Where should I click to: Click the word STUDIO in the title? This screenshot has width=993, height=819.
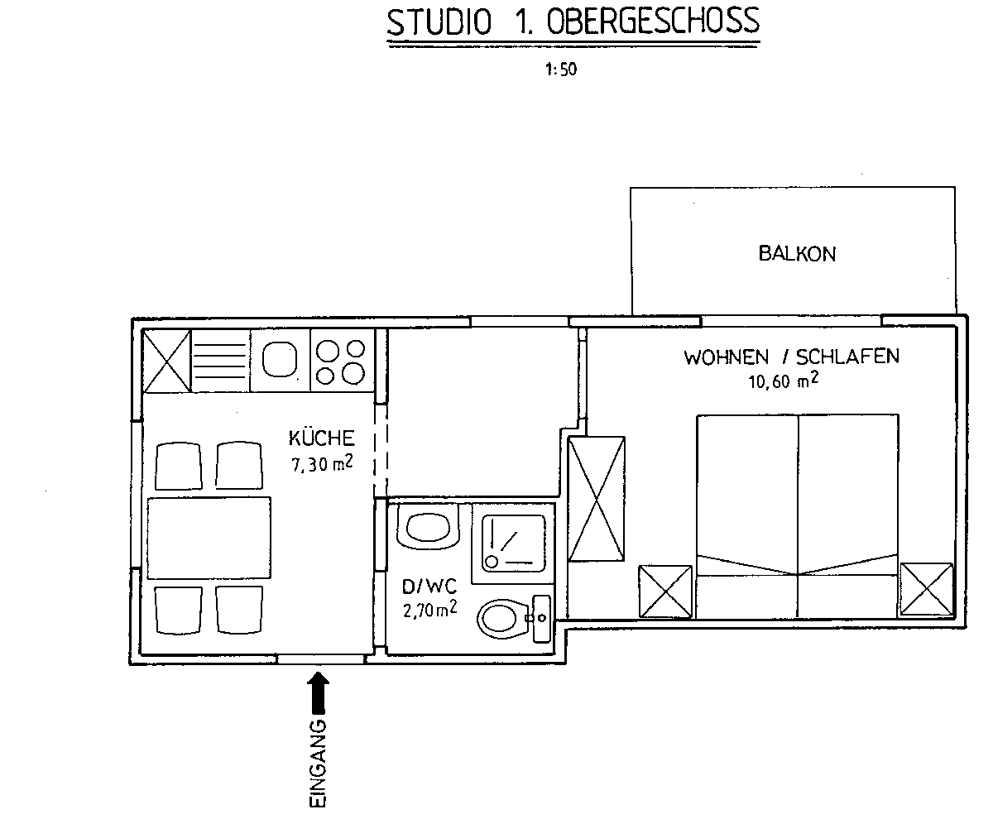click(439, 22)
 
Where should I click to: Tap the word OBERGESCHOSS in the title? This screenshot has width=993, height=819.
click(653, 22)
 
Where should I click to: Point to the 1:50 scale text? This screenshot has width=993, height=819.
click(561, 69)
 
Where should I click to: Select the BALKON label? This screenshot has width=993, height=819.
click(797, 253)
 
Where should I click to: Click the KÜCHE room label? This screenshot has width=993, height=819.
click(322, 438)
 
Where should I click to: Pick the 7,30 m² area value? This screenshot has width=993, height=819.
click(322, 463)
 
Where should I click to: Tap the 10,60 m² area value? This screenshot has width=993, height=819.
click(784, 381)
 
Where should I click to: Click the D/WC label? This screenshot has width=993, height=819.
click(429, 587)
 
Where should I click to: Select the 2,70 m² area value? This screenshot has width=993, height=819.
click(430, 609)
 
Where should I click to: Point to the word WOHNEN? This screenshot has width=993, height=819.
click(726, 357)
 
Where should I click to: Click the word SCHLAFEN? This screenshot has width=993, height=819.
click(847, 357)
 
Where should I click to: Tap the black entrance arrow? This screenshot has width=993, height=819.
click(318, 692)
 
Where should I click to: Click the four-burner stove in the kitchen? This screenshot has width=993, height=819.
click(342, 361)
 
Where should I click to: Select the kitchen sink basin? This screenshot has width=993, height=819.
click(280, 360)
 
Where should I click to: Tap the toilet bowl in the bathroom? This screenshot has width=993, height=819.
click(503, 620)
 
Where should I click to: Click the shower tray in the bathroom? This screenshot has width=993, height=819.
click(513, 544)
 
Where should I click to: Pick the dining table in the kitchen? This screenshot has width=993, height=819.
click(209, 538)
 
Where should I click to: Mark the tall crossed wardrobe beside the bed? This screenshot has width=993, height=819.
click(597, 499)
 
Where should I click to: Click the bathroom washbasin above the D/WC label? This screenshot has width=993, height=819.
click(429, 526)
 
